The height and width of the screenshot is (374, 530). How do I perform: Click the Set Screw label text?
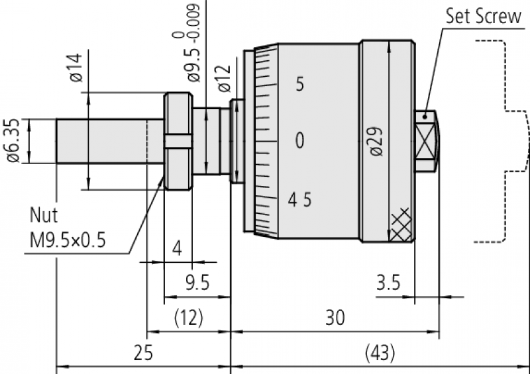pos(483,16)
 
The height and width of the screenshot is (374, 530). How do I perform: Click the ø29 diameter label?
pos(376,140)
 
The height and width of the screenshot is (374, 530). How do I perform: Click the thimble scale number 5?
pos(299,85)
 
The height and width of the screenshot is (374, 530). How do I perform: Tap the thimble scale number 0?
pos(299,140)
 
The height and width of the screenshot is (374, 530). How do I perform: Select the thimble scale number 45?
pos(299,199)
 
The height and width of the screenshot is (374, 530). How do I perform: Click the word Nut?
pos(44,215)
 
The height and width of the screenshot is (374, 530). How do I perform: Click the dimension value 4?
pos(176,249)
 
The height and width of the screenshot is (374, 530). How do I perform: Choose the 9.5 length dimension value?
pos(197,283)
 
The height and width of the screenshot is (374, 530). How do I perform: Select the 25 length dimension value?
pos(143,353)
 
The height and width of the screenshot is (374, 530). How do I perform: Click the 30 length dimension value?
pos(335,318)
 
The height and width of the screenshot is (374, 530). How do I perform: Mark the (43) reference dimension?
pos(380,353)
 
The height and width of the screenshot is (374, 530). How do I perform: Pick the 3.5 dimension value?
pos(388,283)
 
